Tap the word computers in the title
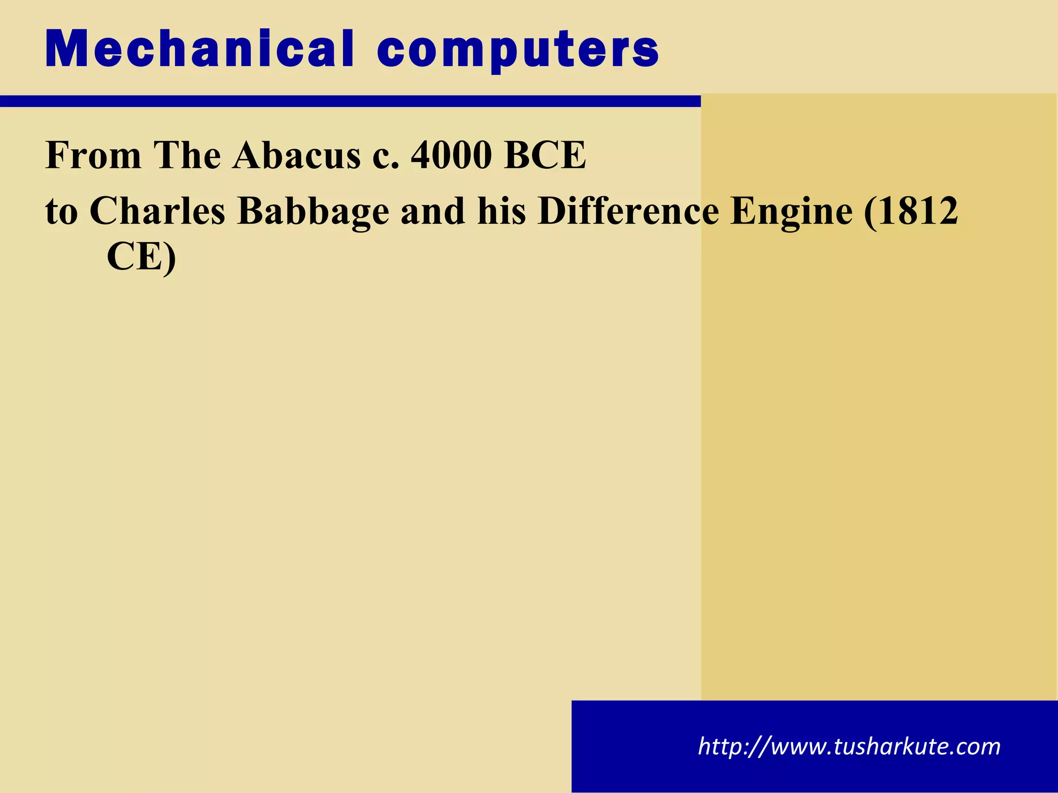(518, 51)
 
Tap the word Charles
(158, 211)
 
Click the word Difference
(628, 211)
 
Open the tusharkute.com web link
(849, 747)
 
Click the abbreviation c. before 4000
(386, 156)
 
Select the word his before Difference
(502, 211)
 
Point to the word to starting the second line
(61, 212)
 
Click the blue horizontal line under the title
(350, 101)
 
